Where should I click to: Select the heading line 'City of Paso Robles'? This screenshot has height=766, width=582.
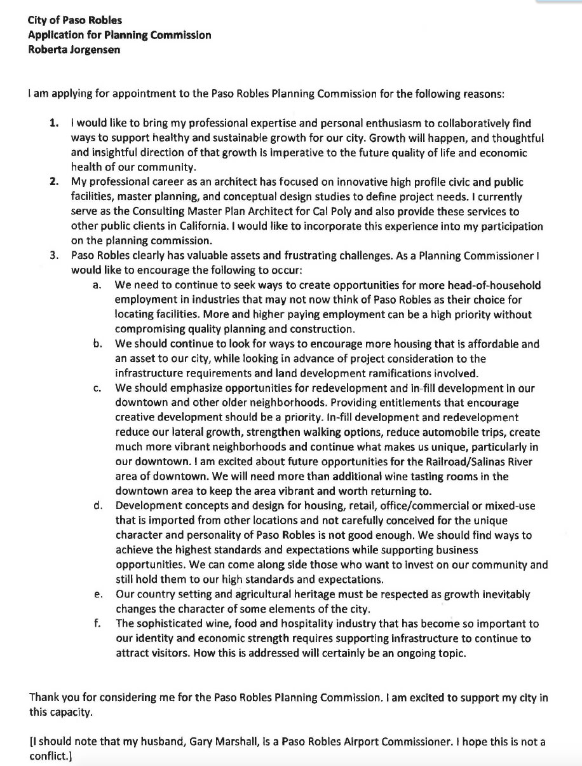(x=66, y=20)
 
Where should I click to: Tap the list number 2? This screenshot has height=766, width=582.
(x=55, y=182)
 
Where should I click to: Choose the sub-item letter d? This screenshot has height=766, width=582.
(x=97, y=506)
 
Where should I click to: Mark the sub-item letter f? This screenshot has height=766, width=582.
(x=97, y=623)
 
